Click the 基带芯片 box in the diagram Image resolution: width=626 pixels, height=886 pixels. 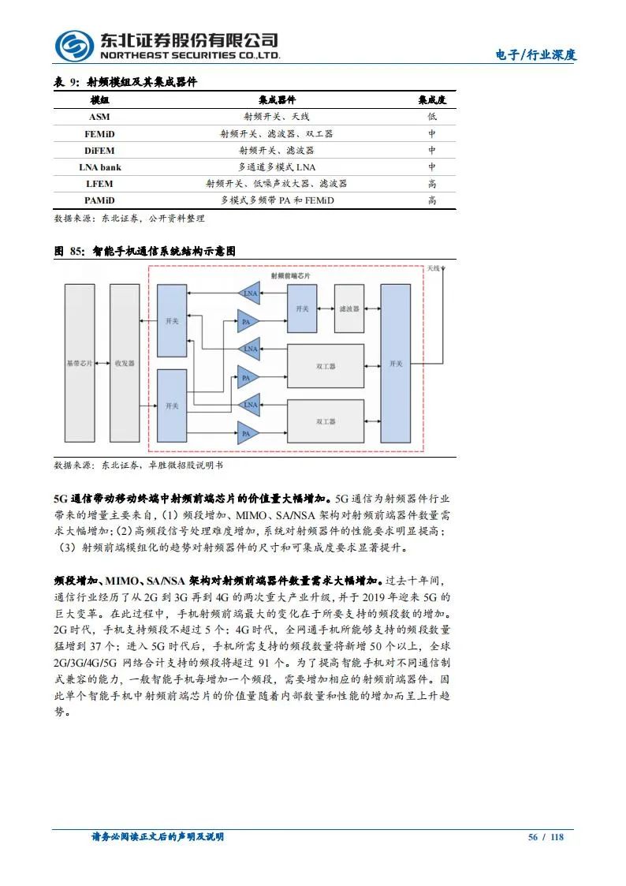(79, 364)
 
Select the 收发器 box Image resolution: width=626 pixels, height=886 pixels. (125, 364)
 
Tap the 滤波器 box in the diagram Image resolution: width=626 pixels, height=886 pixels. (348, 309)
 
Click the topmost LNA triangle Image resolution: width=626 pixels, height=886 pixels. (249, 294)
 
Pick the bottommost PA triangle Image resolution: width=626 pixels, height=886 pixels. (248, 433)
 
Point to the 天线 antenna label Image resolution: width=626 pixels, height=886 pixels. (434, 269)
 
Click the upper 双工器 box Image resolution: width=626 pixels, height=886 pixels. (326, 366)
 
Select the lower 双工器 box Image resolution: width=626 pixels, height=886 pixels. (326, 421)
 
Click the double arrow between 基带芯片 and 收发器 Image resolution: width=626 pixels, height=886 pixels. (102, 364)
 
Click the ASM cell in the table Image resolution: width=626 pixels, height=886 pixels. (99, 117)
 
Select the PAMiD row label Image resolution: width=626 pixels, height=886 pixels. (99, 200)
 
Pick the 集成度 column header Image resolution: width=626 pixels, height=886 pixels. (432, 100)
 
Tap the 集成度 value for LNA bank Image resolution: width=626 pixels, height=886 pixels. (432, 167)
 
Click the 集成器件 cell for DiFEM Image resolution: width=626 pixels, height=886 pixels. (277, 150)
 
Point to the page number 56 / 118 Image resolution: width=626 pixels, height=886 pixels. (546, 837)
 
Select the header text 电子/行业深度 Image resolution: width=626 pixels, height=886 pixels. (535, 55)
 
